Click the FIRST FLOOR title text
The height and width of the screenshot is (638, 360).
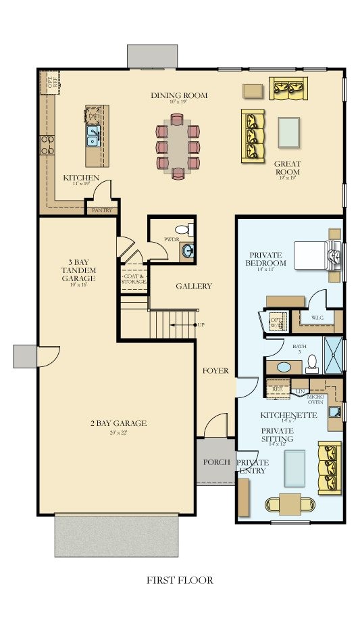point(180,580)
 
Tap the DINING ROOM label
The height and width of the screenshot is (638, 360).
point(178,95)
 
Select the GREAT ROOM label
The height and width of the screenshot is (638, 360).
point(287,168)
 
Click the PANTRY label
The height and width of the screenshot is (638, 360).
point(101,211)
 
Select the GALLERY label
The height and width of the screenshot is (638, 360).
point(194,286)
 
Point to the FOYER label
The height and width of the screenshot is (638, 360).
point(215,371)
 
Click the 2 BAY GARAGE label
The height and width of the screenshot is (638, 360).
point(118,424)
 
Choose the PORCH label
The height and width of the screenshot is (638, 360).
point(216,462)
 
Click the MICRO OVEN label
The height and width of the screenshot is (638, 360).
point(315,399)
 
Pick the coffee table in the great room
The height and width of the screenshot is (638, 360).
point(288,131)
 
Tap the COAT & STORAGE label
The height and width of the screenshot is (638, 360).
point(133,278)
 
